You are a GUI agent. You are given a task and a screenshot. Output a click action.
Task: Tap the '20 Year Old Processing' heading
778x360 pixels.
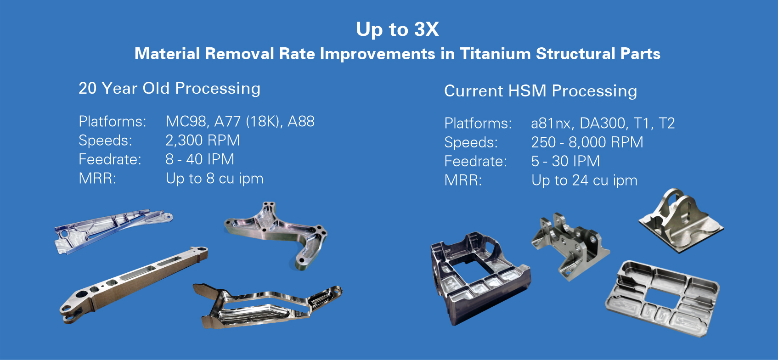point(169,89)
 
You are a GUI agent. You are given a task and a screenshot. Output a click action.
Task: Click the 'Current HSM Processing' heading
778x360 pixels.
point(541,91)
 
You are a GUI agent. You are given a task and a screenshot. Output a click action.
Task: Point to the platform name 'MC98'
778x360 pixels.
point(186,122)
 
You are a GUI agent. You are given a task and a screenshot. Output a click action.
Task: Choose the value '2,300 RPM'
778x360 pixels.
point(203,141)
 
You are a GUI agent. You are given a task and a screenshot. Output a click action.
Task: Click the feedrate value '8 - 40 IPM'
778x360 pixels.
point(200,159)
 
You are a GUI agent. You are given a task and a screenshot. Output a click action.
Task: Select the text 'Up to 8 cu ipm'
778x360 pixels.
point(214,179)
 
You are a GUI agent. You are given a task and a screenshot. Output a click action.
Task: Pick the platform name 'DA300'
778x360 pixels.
point(603,123)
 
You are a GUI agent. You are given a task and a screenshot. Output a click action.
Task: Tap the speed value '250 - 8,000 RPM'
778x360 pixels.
point(587,142)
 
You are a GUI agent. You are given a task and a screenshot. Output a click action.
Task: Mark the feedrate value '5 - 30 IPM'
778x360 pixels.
point(565,162)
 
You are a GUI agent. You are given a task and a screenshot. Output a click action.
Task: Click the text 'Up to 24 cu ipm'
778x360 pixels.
point(584,180)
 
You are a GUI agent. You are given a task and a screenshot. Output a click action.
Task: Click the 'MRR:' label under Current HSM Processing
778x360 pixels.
point(463,180)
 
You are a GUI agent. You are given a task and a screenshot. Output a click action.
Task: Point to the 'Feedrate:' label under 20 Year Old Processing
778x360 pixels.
point(110,159)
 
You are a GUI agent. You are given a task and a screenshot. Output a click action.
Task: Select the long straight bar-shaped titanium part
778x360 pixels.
point(134,285)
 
